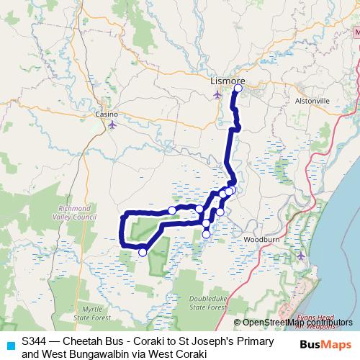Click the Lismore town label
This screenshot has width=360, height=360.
coord(227,82)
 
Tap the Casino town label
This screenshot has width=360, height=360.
coord(107,114)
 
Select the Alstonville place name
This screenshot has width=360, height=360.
coord(312,102)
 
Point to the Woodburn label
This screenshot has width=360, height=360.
coord(258,238)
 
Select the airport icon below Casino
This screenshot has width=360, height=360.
coord(112,125)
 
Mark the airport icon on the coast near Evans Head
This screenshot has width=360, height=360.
coord(301,255)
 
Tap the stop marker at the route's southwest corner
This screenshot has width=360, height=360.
coord(143,252)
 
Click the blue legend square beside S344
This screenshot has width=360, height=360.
coord(9,344)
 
